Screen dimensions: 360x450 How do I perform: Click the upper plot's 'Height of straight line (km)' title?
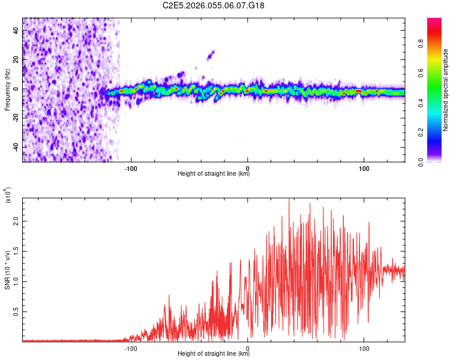click(x=214, y=173)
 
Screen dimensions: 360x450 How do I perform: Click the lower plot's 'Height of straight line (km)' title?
click(x=214, y=353)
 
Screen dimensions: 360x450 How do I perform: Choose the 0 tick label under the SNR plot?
click(x=248, y=347)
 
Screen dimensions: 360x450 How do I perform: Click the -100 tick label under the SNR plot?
click(x=131, y=347)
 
